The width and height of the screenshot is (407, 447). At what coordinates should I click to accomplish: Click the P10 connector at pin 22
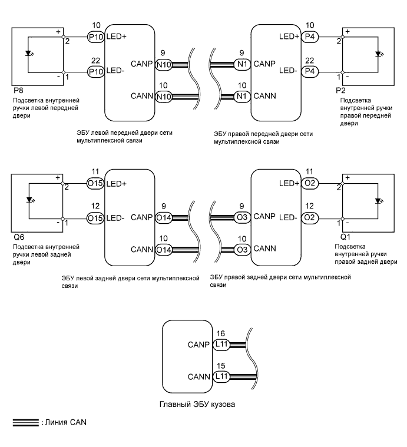pos(95,71)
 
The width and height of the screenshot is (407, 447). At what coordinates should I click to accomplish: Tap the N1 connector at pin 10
pos(241,96)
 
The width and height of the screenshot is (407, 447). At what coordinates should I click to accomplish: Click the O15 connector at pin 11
pos(95,184)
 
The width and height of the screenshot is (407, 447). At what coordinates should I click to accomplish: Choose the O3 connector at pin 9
pos(241,217)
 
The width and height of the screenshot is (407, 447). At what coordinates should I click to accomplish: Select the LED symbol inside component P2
pos(377,54)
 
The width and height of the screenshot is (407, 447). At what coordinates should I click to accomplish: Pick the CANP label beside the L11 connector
pos(199,343)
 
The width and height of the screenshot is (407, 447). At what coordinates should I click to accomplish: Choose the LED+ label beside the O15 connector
pos(115,184)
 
